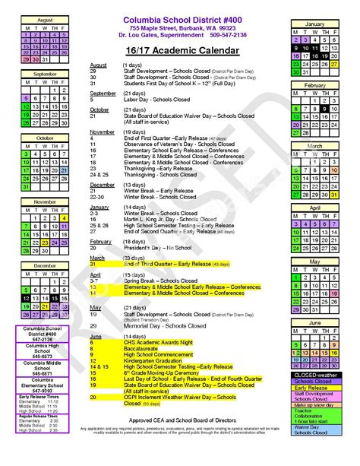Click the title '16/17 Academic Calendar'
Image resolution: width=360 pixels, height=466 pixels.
coord(182,51)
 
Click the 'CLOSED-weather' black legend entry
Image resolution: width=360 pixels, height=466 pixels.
coord(314,375)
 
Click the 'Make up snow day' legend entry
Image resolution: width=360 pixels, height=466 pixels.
coord(314,406)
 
